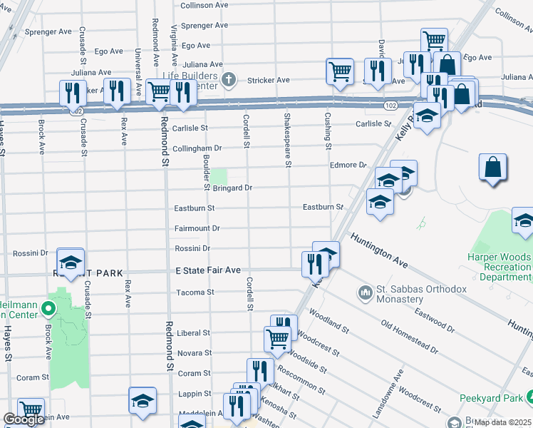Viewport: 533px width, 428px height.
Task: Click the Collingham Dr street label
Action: click(197, 148)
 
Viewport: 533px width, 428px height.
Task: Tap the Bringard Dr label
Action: click(233, 188)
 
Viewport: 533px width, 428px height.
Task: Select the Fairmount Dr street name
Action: click(197, 228)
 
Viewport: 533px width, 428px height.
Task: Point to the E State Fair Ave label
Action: click(208, 270)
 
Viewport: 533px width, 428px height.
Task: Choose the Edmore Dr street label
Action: click(348, 165)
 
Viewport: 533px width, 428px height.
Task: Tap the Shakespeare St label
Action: click(288, 139)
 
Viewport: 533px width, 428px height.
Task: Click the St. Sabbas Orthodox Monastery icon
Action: click(366, 292)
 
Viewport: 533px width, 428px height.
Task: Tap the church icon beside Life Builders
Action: click(228, 78)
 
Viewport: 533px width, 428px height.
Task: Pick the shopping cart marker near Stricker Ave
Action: click(340, 71)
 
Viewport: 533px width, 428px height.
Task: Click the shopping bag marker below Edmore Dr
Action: click(492, 167)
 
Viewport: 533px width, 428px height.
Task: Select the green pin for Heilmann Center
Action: click(48, 309)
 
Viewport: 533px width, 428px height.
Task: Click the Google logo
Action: click(24, 419)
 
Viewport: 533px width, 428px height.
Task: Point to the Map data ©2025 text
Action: click(503, 422)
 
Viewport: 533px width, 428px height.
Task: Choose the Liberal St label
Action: click(194, 333)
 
